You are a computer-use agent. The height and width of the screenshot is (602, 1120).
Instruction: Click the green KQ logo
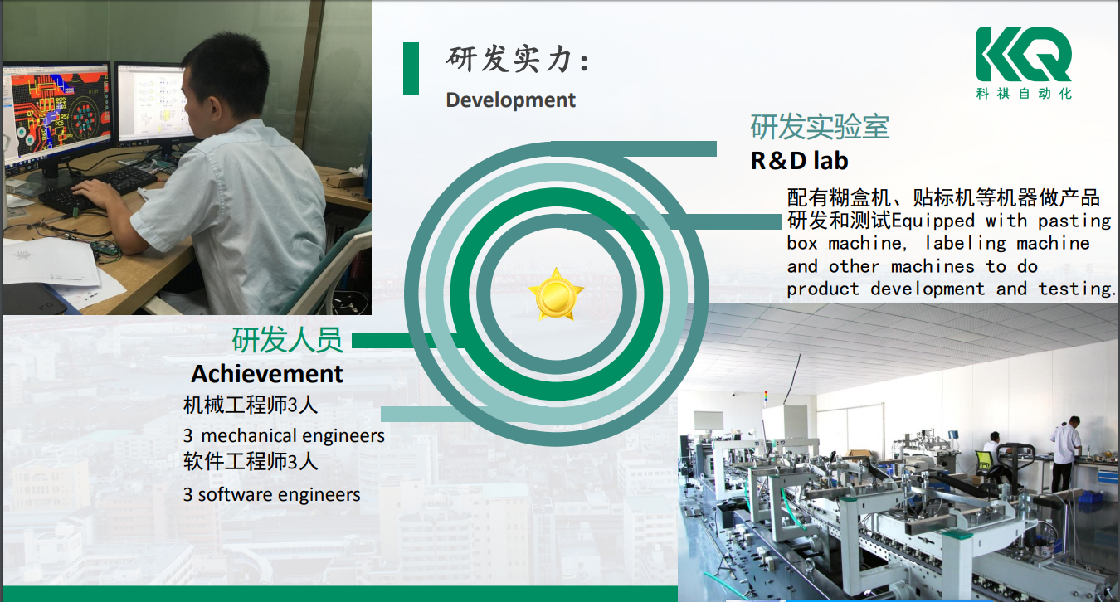click(1024, 54)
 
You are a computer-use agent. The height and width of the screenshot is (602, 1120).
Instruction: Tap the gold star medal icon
click(556, 294)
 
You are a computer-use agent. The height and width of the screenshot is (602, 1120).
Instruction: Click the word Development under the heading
click(510, 100)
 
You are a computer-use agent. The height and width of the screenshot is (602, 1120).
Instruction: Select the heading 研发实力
click(518, 59)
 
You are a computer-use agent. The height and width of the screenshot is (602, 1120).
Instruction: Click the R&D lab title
click(800, 161)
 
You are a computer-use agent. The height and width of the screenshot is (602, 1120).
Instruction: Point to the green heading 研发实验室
click(820, 127)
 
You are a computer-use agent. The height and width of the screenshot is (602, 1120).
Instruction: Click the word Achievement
click(267, 374)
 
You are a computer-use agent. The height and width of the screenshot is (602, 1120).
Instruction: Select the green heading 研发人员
click(288, 340)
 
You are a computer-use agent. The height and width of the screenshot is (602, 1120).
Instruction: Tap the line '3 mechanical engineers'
click(284, 435)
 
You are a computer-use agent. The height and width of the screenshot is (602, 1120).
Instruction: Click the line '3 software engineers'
click(271, 494)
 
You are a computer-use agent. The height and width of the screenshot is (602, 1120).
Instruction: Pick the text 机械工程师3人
click(251, 405)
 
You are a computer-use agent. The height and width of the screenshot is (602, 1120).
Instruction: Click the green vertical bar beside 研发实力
click(411, 68)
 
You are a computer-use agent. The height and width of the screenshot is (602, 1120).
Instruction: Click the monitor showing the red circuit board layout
click(56, 114)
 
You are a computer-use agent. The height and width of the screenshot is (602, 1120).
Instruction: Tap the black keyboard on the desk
click(99, 189)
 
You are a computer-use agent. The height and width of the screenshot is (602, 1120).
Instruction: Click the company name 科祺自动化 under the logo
click(1024, 94)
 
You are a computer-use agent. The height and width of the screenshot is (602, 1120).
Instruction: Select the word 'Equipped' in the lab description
click(933, 221)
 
